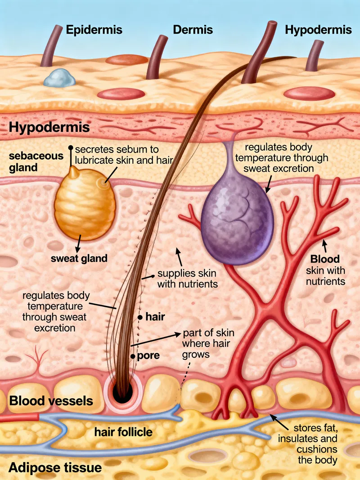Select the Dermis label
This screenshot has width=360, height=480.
tap(193, 30)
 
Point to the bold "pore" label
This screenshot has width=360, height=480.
tap(148, 355)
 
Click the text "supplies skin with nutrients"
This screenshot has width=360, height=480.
tap(186, 278)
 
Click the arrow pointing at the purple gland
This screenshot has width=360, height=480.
tap(268, 184)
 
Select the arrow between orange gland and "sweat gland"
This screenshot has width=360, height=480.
tap(79, 243)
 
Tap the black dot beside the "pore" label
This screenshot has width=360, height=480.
tap(133, 356)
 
